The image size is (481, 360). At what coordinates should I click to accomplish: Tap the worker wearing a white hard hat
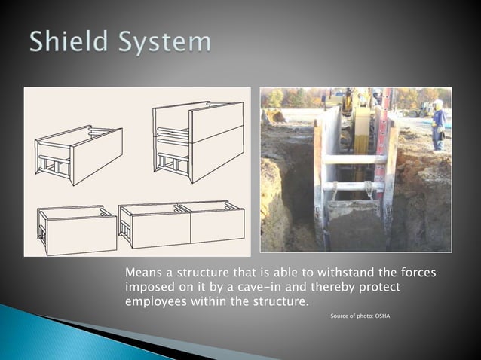(x=437, y=124)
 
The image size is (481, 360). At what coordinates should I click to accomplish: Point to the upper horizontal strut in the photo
(x=354, y=159)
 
